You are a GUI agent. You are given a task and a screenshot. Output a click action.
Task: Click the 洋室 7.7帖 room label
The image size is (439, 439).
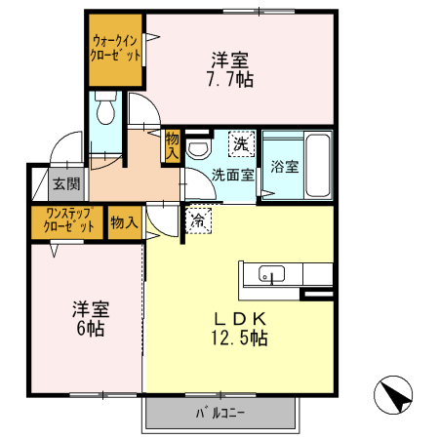(231, 68)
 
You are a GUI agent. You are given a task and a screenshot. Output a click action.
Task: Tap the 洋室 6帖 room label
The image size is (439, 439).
(88, 319)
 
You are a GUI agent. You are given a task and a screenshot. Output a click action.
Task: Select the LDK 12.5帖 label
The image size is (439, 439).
(240, 329)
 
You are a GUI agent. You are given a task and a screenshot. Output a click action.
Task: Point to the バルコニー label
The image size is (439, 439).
(220, 414)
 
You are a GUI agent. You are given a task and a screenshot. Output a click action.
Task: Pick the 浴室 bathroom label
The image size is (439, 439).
(285, 166)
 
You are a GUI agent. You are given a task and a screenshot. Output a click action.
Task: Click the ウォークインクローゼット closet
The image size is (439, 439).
(115, 49)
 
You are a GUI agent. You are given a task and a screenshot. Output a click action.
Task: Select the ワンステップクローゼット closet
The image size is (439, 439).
(68, 220)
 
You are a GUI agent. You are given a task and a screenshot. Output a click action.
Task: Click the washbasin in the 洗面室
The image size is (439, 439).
(199, 148)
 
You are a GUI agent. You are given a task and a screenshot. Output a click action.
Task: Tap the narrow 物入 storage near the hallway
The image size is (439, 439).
(172, 145)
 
